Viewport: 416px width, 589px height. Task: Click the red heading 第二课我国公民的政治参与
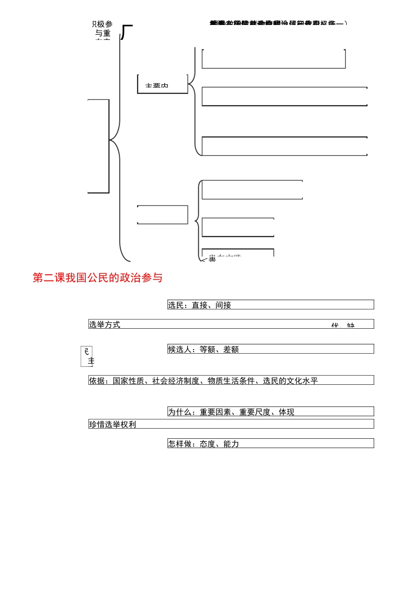(98, 278)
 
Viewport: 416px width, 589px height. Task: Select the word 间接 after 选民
(223, 305)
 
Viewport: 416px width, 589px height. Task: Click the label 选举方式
(105, 325)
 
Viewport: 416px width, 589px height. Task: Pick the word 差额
(231, 350)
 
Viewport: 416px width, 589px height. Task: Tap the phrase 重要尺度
(255, 412)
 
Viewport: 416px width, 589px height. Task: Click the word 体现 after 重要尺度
(287, 412)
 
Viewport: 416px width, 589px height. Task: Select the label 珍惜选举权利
(113, 425)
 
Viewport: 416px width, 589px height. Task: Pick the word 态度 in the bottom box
(208, 444)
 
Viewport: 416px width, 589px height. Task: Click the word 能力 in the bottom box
(231, 444)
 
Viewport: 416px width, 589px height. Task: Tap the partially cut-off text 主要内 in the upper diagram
(157, 86)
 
